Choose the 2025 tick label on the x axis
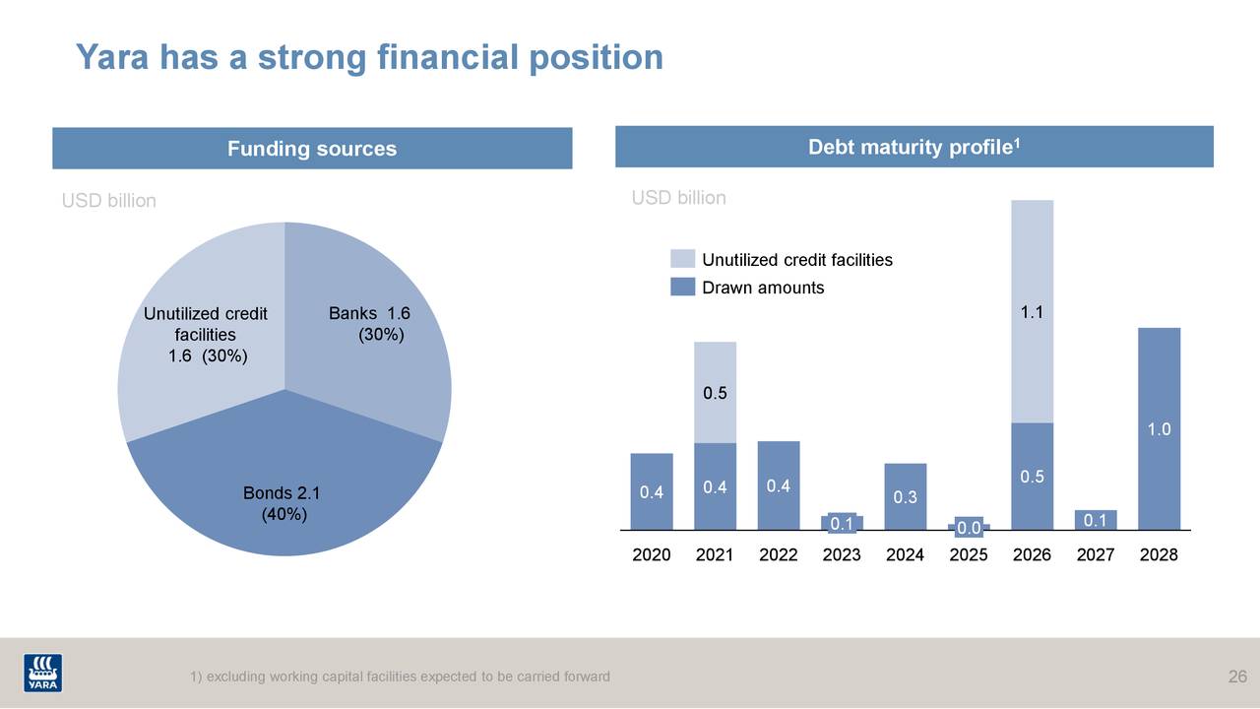pos(969,554)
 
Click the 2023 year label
pos(842,554)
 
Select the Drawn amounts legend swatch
pos(682,288)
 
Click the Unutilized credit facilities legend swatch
pos(682,259)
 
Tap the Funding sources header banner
pos(312,149)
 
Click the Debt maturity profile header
pos(913,148)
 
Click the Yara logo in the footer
pos(42,673)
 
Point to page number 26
pos(1237,677)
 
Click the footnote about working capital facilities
pos(400,677)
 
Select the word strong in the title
pos(313,57)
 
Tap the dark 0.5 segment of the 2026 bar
pos(1032,476)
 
